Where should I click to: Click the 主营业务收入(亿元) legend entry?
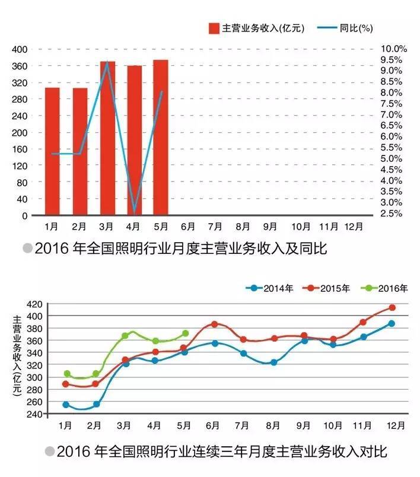[256, 28]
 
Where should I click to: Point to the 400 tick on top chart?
[20, 49]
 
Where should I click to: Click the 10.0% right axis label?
[393, 49]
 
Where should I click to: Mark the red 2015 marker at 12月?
[392, 307]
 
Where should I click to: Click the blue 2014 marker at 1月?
[66, 405]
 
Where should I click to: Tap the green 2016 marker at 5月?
[185, 333]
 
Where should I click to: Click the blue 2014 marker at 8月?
[274, 362]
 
